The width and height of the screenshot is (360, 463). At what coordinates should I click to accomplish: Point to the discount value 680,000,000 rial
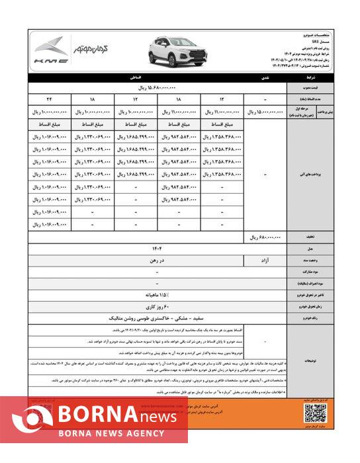click(267, 236)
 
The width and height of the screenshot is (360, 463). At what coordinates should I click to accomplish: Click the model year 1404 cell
click(156, 249)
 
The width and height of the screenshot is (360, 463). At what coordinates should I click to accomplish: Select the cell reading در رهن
click(156, 261)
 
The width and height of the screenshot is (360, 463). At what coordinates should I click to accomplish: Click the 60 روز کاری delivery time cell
click(156, 308)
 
